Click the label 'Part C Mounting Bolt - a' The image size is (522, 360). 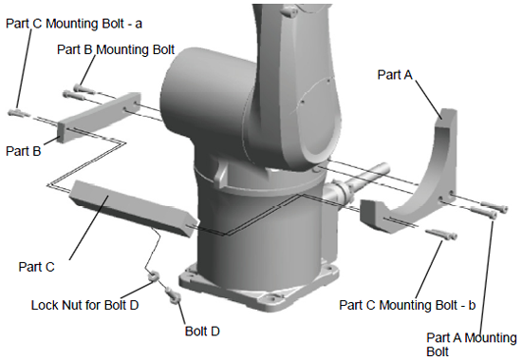[74, 24]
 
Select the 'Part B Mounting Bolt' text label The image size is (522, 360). [116, 49]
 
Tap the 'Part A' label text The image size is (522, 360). [395, 75]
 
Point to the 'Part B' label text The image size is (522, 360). [24, 151]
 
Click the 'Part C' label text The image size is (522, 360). [36, 267]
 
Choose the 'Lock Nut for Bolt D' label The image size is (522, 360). [84, 305]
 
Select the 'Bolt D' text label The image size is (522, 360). [202, 331]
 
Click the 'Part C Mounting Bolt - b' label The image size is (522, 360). [407, 305]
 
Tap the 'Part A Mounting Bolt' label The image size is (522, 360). [472, 345]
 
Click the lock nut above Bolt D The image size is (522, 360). [153, 275]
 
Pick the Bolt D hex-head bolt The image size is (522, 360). [173, 294]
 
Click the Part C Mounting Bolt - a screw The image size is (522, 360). [19, 112]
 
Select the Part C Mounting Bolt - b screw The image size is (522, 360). [441, 234]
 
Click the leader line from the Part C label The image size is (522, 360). [89, 228]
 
